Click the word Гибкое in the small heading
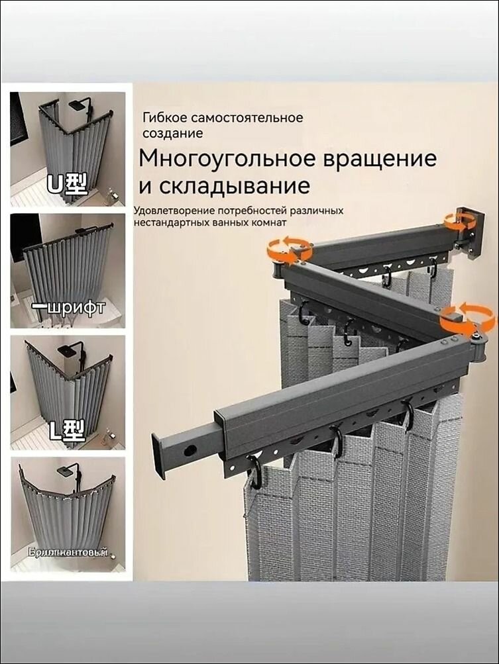pyautogui.click(x=164, y=118)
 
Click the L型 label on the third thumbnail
pyautogui.click(x=67, y=432)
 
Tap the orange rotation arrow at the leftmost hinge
pyautogui.click(x=290, y=250)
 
